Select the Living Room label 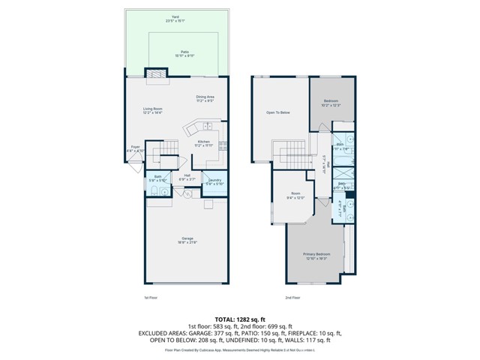tap(154, 111)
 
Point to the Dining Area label tap(205, 98)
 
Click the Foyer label tap(135, 148)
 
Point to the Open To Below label tap(278, 112)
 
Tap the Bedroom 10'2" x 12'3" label tap(331, 103)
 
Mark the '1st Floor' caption tap(150, 298)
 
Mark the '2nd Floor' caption tap(292, 298)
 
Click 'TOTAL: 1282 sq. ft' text tap(239, 319)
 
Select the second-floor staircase tap(289, 154)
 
